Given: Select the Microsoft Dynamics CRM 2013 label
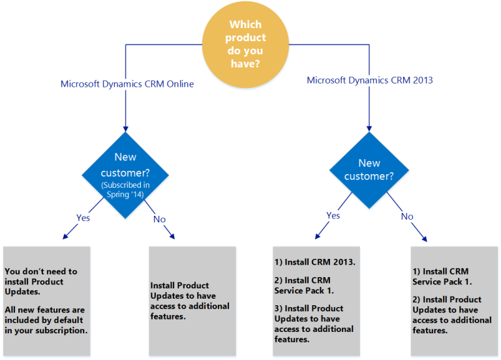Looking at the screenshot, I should click(x=370, y=80).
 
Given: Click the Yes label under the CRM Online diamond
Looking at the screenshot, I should click(x=83, y=218).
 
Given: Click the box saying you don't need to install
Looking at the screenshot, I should click(x=47, y=300).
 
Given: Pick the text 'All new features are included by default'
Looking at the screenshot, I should click(x=45, y=319).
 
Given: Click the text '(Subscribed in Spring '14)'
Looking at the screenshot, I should click(x=125, y=188).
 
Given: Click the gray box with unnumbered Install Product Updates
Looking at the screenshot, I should click(x=192, y=300).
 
